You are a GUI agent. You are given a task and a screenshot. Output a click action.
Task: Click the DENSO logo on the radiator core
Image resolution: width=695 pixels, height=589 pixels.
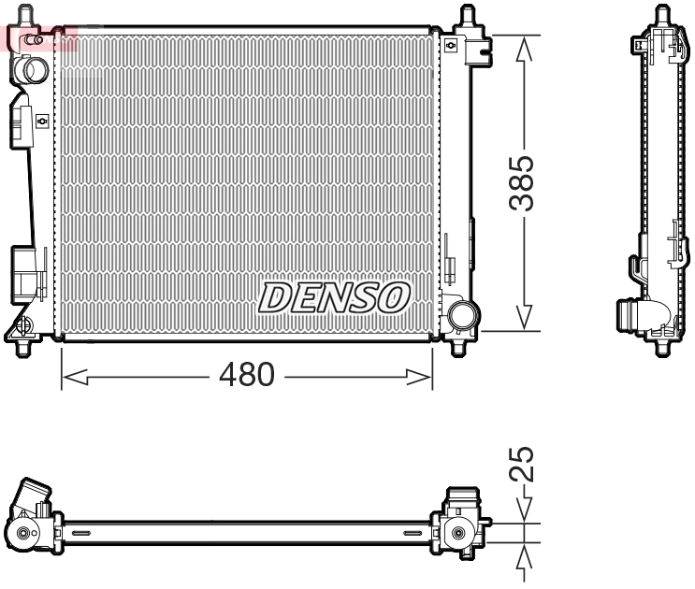point(334,297)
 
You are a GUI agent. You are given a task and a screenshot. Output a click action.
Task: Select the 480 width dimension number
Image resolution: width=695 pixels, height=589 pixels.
point(246,376)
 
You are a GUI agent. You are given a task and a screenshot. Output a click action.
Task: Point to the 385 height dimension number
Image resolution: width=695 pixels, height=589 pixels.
point(526,183)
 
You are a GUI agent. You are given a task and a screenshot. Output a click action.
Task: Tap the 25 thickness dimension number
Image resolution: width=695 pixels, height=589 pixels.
point(526,464)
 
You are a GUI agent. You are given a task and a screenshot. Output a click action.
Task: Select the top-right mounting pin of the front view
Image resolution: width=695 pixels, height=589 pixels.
point(466,16)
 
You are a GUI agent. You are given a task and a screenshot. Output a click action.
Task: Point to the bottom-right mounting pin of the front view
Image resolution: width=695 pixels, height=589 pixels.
point(458,348)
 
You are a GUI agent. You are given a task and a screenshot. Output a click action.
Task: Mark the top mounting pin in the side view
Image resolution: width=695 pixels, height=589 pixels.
point(663,16)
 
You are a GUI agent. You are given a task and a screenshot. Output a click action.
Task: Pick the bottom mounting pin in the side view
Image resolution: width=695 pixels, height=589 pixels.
point(664,350)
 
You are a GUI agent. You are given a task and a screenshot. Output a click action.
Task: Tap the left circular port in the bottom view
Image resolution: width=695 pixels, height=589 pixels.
point(22,534)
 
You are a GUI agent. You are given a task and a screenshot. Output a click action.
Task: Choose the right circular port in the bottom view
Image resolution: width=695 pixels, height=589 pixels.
point(457,533)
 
